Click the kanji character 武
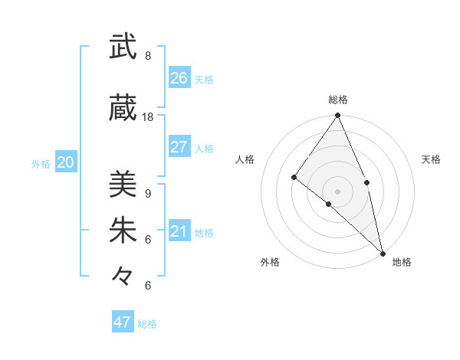(x=123, y=47)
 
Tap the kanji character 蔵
(x=123, y=110)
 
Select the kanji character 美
(x=123, y=184)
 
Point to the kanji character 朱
(x=123, y=231)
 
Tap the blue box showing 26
(x=179, y=78)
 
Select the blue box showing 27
(x=179, y=147)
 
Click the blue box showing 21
(x=179, y=231)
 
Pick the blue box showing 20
(x=66, y=162)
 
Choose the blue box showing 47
(x=123, y=322)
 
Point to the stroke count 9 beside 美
(x=147, y=193)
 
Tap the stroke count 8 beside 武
(x=147, y=56)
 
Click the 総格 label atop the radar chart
(x=338, y=100)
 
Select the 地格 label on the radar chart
(x=402, y=262)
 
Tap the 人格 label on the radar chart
(x=245, y=159)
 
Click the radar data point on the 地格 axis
(x=383, y=252)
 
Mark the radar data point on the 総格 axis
(x=338, y=116)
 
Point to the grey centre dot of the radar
(x=338, y=191)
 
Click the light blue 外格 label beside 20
(x=41, y=163)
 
